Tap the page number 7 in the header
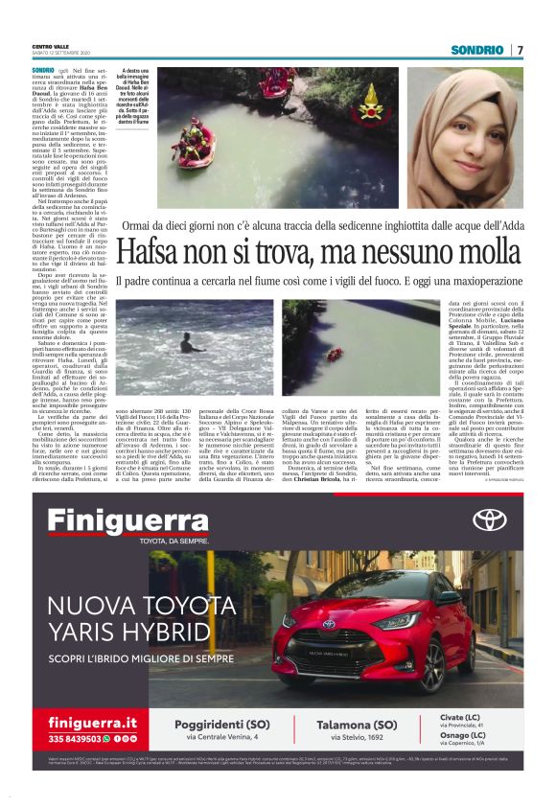click(520, 50)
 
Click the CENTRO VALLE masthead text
click(49, 47)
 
